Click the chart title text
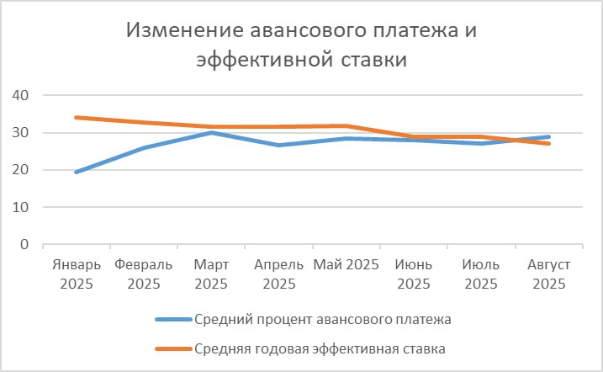pyautogui.click(x=301, y=45)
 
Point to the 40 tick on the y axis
pyautogui.click(x=20, y=96)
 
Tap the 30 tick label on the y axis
pyautogui.click(x=20, y=133)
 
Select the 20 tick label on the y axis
pyautogui.click(x=20, y=170)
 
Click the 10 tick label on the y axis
pyautogui.click(x=20, y=208)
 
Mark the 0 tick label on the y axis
pyautogui.click(x=24, y=245)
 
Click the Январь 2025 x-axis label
pyautogui.click(x=77, y=274)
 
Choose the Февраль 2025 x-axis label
pyautogui.click(x=144, y=274)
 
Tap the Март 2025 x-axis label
pyautogui.click(x=211, y=274)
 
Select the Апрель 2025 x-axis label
pyautogui.click(x=278, y=274)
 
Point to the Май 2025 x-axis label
pyautogui.click(x=346, y=265)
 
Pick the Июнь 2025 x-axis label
pyautogui.click(x=414, y=274)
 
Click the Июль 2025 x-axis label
pyautogui.click(x=481, y=274)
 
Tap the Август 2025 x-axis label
pyautogui.click(x=548, y=274)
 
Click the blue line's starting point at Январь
pyautogui.click(x=77, y=172)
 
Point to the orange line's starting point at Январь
pyautogui.click(x=77, y=117)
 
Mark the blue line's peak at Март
pyautogui.click(x=211, y=132)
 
